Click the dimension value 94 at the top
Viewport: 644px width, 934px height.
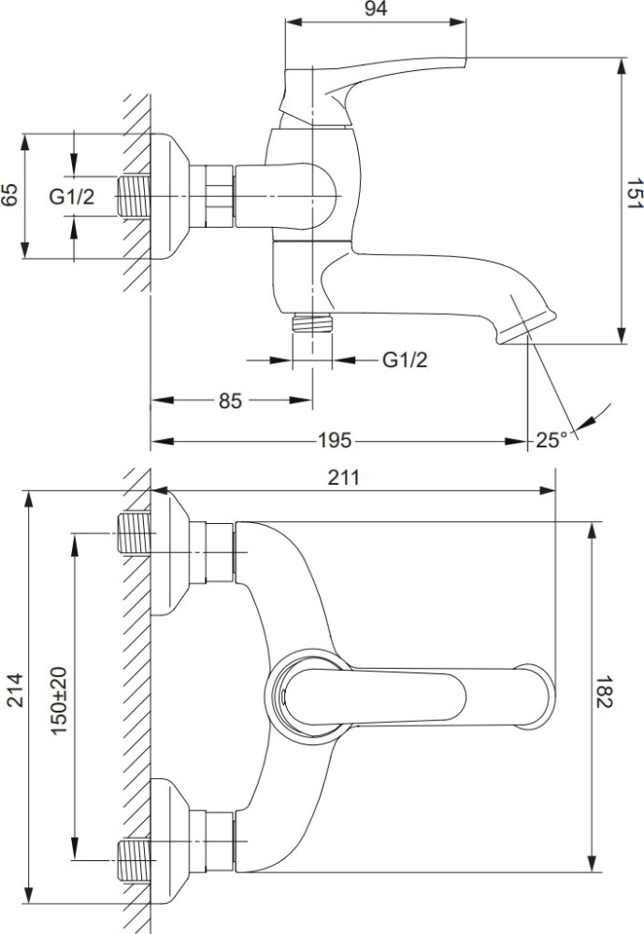point(376,8)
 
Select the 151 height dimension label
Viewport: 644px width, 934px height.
point(635,193)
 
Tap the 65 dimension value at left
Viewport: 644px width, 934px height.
point(9,195)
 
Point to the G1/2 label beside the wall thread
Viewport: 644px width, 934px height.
point(72,196)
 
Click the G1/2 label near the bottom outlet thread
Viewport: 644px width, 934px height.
point(405,360)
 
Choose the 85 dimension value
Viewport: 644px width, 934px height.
point(230,401)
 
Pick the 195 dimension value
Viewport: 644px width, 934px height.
point(335,440)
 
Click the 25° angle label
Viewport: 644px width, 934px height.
point(551,440)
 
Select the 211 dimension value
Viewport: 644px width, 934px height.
point(344,477)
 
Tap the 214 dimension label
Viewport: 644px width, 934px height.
point(14,690)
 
